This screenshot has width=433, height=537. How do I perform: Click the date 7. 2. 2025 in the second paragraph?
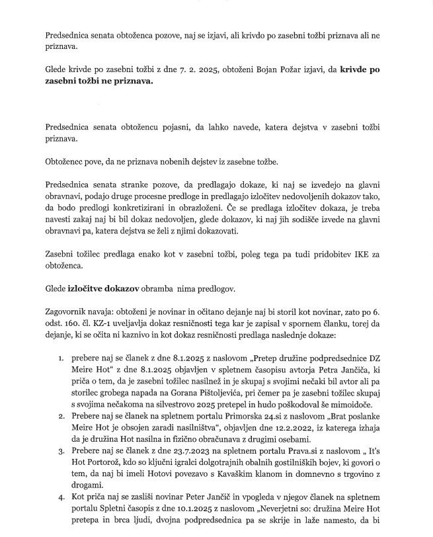(x=175, y=69)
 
